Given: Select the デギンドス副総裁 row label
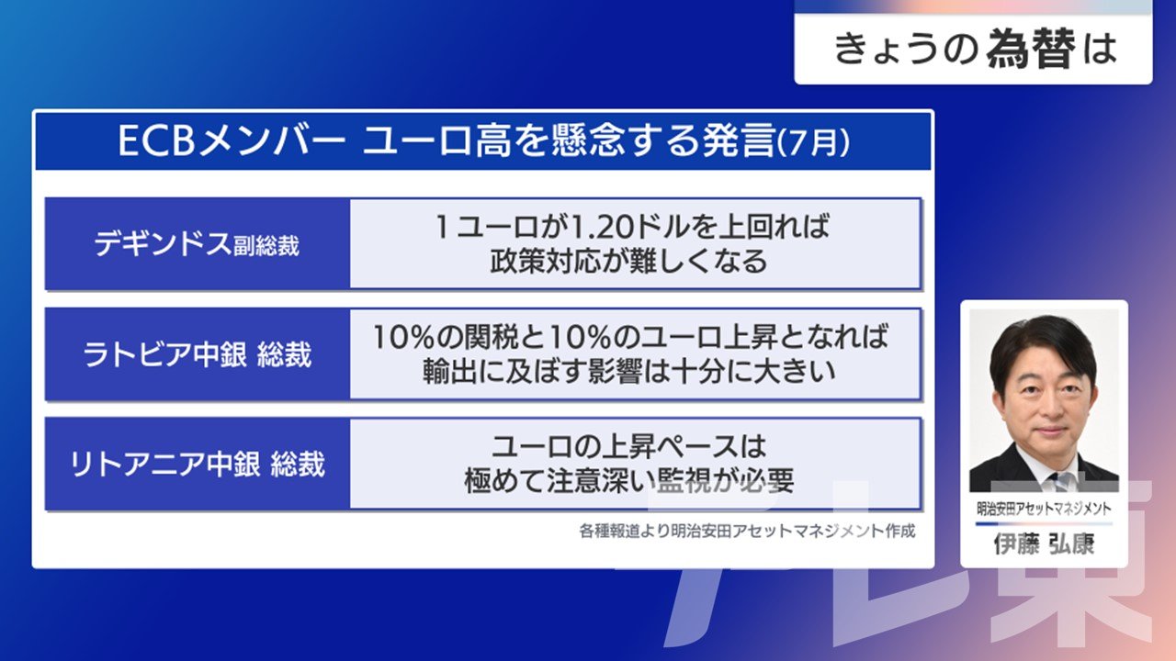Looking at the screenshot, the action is pos(197,244).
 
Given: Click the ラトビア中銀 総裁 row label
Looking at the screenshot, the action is pos(198,354).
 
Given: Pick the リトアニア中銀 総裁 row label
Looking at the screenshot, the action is pos(198,465).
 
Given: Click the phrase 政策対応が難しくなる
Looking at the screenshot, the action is pos(629,262).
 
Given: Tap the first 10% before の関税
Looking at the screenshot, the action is pos(403,337).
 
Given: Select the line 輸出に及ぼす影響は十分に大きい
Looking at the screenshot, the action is pos(629,372).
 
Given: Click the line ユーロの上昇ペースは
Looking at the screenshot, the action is pos(629,446).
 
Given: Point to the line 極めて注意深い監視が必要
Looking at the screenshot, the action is pos(629,481).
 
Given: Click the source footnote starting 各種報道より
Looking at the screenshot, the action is pos(747,531).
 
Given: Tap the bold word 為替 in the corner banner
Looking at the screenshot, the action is pos(1031,49).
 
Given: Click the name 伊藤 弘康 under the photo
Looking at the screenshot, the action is pos(1044,544).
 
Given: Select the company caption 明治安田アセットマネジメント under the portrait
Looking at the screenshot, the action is pos(1044,509).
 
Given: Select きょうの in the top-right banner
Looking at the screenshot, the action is pos(906,50).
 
